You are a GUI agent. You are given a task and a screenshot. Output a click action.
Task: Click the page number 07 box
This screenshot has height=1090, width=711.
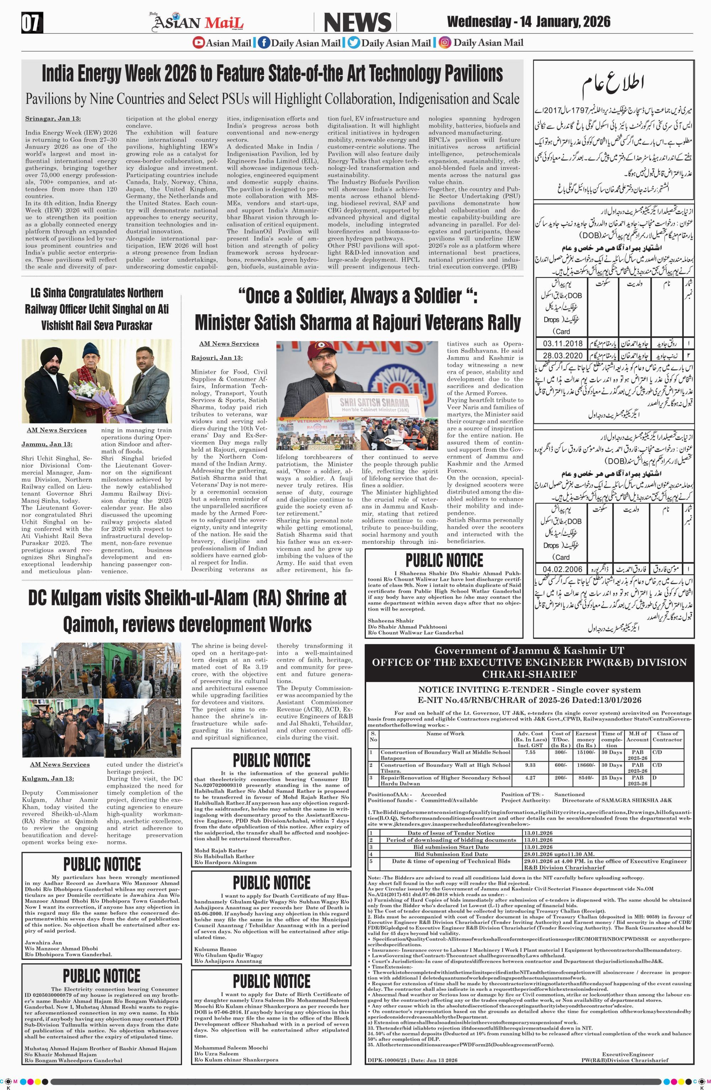(x=32, y=23)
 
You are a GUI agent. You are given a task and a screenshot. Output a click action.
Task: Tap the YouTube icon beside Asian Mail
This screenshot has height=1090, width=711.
(x=198, y=43)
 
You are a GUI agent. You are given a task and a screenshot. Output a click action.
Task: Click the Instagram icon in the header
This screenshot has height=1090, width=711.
(x=444, y=43)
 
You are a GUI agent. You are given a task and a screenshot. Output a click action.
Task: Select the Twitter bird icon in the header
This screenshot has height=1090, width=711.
(x=353, y=43)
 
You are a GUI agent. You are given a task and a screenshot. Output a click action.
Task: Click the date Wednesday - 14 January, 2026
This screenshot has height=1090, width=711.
(x=528, y=22)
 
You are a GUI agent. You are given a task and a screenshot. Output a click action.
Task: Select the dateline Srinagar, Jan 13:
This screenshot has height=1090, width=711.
(x=53, y=119)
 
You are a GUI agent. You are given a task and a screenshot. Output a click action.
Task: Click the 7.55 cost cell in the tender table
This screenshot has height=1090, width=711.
(x=530, y=753)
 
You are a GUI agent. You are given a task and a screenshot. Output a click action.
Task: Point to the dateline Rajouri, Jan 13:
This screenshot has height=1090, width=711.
(x=217, y=358)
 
